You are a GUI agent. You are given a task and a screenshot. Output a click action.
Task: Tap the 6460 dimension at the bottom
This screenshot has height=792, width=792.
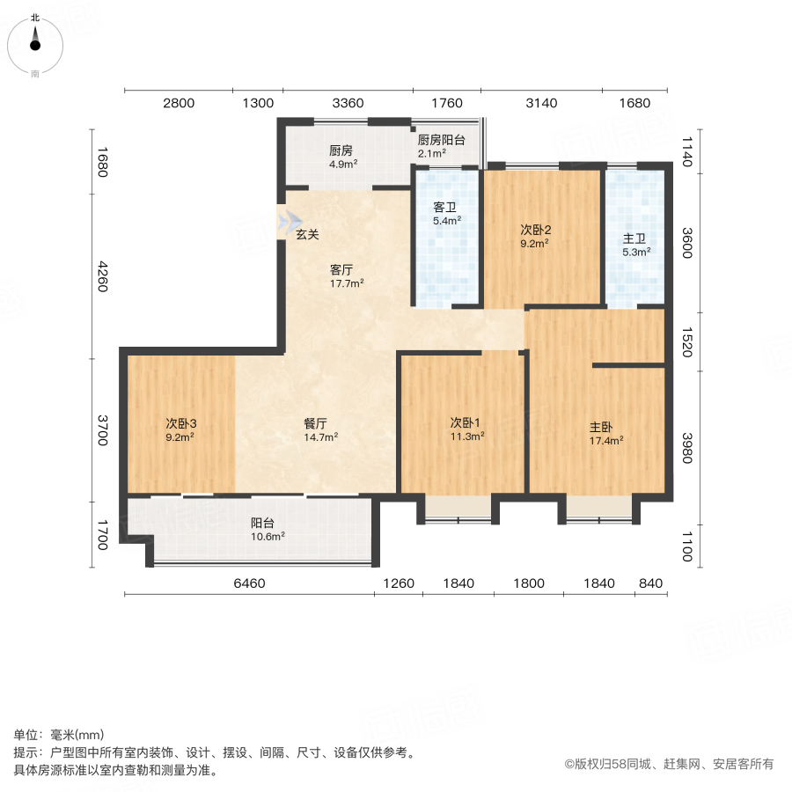(x=249, y=583)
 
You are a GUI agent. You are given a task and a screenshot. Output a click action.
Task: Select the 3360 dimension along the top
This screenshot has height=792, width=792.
(x=348, y=103)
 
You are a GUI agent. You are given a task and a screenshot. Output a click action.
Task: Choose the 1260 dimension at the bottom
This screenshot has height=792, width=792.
(x=399, y=583)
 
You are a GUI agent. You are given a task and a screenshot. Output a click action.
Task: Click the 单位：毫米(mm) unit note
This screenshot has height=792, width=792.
(x=58, y=736)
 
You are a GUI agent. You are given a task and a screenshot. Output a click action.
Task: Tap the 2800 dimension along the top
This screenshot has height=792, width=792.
(x=178, y=103)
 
